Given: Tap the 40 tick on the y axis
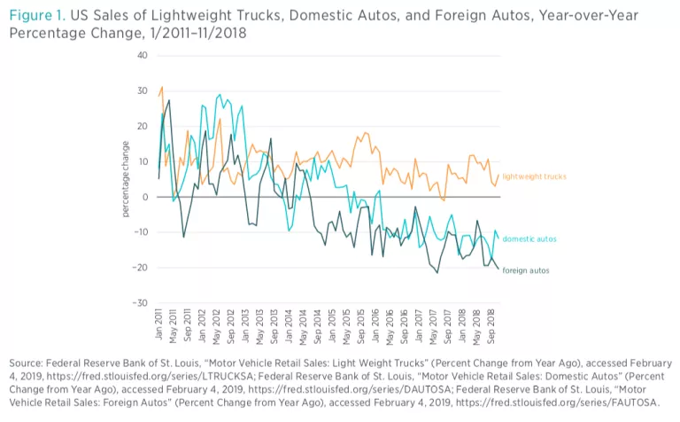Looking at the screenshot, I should (143, 55).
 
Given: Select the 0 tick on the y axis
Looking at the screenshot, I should (144, 197).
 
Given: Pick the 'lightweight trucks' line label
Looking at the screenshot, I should (534, 177).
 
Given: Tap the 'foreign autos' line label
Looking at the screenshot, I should (526, 269).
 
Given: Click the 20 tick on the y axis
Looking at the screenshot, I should (143, 126).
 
